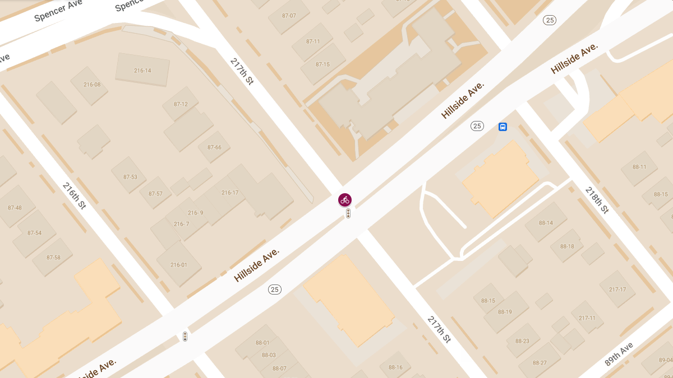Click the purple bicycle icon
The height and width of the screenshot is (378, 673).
tap(345, 200)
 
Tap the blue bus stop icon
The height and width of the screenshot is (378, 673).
tap(503, 127)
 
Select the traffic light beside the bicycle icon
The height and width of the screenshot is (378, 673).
tap(348, 213)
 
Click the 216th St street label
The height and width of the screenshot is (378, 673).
tap(74, 195)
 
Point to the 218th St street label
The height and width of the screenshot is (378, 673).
tap(596, 200)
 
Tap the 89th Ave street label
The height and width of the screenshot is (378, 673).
tap(619, 354)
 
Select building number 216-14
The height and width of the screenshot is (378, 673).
tap(142, 71)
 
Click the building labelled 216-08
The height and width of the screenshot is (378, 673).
tap(92, 85)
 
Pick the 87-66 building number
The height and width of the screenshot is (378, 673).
tap(214, 147)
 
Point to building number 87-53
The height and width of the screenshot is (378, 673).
tap(130, 177)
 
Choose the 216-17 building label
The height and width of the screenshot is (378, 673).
tap(230, 193)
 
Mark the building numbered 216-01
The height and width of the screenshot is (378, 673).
tap(179, 265)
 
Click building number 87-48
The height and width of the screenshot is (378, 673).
tap(15, 208)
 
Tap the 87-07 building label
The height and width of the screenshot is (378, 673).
tap(289, 16)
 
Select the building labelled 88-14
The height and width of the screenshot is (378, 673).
tap(546, 223)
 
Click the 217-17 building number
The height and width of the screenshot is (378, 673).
tap(617, 290)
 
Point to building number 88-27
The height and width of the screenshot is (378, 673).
tap(540, 363)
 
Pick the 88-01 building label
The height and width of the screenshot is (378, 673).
tap(262, 343)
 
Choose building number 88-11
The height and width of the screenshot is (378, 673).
tap(639, 167)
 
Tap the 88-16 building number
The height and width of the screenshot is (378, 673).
tap(395, 367)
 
